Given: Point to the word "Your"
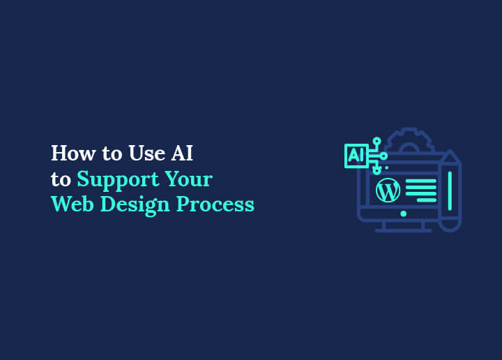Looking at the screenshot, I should pos(188,179).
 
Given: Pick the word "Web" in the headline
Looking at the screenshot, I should pos(70,204).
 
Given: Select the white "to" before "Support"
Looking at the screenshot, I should pos(61,179).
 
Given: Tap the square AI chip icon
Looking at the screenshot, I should pos(356,156).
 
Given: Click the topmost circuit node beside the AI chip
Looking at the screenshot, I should pos(376,141).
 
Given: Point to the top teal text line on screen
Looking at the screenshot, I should pos(420,181).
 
